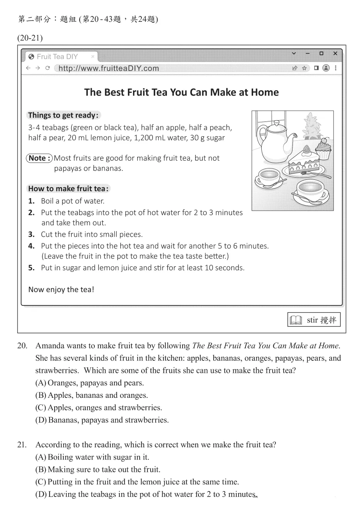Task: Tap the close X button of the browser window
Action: click(x=335, y=53)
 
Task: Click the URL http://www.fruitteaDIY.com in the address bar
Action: click(x=109, y=68)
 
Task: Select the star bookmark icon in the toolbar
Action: click(x=304, y=68)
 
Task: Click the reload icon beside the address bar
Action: click(x=48, y=68)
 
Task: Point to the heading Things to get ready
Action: click(x=63, y=115)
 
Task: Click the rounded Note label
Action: click(x=39, y=158)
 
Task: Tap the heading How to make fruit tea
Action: click(x=68, y=189)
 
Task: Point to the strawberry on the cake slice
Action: click(x=306, y=149)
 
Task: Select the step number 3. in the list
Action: click(x=32, y=234)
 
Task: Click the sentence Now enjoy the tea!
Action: click(x=61, y=289)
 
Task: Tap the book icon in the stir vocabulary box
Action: click(x=296, y=320)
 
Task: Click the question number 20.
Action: click(x=22, y=346)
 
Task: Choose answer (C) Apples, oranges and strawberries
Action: click(x=99, y=408)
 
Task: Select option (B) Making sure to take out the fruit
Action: click(x=98, y=469)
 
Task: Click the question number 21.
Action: click(x=22, y=445)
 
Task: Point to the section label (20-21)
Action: click(x=30, y=38)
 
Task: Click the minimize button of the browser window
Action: click(x=307, y=53)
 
